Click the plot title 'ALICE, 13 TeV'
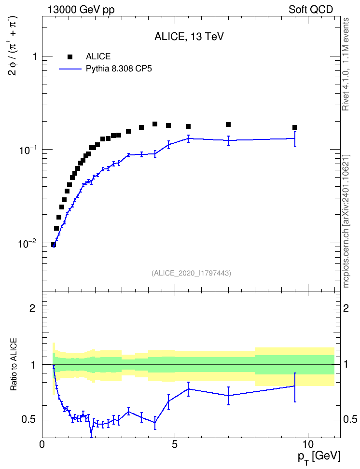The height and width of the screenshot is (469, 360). point(189,36)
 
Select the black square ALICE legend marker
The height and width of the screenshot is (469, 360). point(70,56)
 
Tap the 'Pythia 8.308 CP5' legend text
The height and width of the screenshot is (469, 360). point(119,69)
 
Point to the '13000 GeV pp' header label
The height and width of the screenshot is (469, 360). point(81,10)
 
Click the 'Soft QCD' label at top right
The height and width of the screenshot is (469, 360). point(311,9)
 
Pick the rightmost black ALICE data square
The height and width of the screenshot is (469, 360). point(295,127)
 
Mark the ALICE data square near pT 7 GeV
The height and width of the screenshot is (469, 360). point(228,124)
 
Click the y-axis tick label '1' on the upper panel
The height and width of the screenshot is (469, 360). point(35,56)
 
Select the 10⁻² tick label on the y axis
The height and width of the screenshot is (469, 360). point(28,243)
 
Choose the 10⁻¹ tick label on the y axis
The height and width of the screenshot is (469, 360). point(28,150)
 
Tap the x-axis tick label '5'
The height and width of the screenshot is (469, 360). point(175,444)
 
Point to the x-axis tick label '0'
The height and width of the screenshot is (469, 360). point(42,444)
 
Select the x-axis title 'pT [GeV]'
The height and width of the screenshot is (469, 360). point(318,457)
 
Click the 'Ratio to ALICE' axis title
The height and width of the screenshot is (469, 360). point(14,364)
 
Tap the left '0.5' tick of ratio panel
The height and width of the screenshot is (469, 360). point(29,420)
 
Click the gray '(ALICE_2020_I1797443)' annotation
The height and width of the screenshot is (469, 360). point(191,273)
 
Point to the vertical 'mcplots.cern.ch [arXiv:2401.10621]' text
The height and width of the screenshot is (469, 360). point(346,221)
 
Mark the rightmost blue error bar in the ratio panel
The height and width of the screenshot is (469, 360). point(295,387)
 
